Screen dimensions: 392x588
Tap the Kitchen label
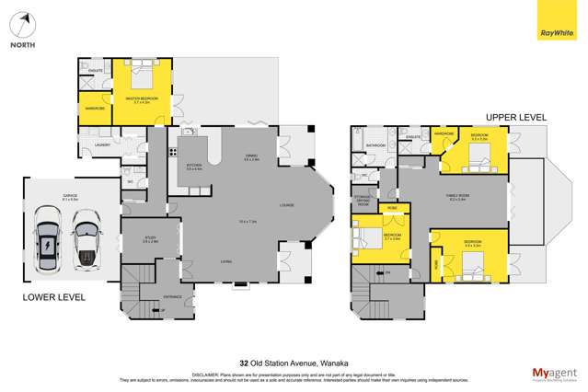194,167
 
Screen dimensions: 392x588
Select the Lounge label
286,205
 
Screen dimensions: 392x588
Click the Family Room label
456,195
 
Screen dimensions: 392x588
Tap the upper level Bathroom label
375,145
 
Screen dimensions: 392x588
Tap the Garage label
70,195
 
